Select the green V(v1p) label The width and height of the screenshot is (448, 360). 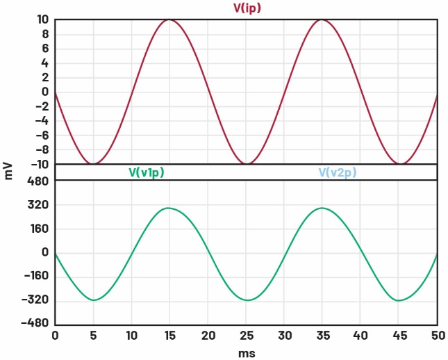point(147,172)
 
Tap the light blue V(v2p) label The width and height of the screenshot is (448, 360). point(338,172)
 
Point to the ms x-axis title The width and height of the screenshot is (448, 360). point(246,352)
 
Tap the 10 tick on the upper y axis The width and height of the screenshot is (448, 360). point(42,19)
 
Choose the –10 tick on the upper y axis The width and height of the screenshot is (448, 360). point(39,164)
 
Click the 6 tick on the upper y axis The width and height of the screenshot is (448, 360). point(44,49)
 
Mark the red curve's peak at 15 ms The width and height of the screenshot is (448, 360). point(169,19)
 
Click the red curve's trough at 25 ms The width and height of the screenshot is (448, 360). point(246,164)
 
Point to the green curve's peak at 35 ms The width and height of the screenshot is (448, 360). point(322,208)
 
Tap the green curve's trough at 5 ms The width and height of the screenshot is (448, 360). point(93,300)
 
